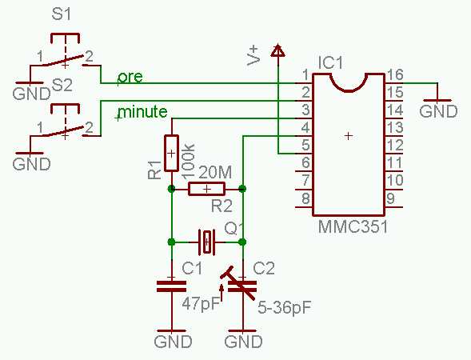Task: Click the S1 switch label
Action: [x=62, y=14]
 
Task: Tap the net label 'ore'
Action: [x=130, y=77]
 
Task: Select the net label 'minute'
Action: [x=142, y=111]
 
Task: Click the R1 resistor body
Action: [x=171, y=153]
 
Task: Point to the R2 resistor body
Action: [x=206, y=189]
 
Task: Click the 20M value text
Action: [x=215, y=173]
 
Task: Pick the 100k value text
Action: [x=189, y=162]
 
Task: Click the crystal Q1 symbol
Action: [x=207, y=242]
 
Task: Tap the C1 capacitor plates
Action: [x=171, y=286]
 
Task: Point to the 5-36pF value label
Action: [x=284, y=308]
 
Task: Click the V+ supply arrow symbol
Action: [x=277, y=50]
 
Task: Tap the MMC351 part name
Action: [x=353, y=226]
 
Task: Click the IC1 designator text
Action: [x=330, y=63]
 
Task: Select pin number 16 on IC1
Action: [x=395, y=74]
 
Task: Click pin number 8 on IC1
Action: [x=305, y=198]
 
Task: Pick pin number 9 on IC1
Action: [x=390, y=198]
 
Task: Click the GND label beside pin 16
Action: [x=438, y=112]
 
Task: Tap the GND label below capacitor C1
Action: [x=173, y=342]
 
